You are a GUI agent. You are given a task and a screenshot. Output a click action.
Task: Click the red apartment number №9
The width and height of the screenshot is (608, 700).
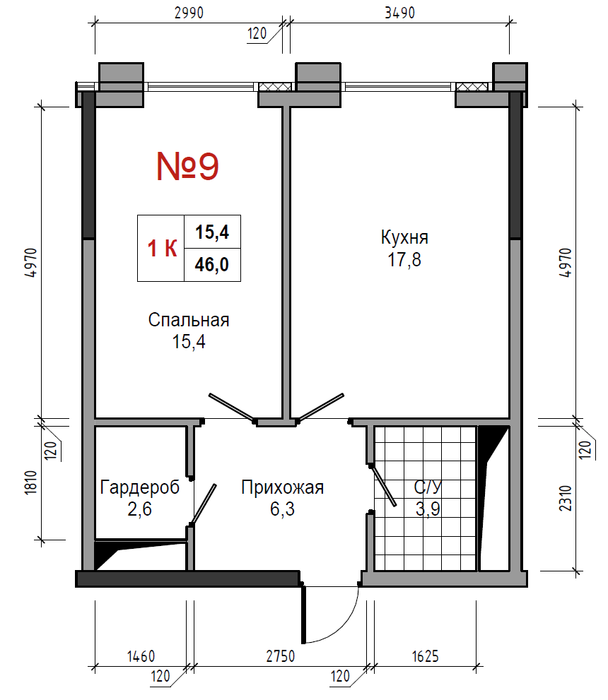point(187,166)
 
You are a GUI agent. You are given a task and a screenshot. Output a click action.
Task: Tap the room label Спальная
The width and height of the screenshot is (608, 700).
point(189,320)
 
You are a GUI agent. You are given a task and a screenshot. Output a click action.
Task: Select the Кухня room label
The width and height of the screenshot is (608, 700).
point(404,237)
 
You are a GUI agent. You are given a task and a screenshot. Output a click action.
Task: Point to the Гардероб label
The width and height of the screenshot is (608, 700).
point(139,487)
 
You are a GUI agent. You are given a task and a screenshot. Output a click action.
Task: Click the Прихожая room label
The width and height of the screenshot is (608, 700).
point(282,487)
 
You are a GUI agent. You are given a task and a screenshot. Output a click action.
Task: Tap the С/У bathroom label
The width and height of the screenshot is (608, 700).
point(428,487)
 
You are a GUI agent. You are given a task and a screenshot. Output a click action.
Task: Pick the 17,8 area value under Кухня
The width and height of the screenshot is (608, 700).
point(404,259)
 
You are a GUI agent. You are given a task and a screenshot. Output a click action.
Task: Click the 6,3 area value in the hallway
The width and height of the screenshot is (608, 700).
point(282,509)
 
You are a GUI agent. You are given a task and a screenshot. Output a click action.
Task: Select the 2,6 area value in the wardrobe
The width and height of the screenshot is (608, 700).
point(139,509)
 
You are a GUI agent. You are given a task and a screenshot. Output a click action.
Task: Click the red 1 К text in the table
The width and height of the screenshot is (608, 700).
point(162,249)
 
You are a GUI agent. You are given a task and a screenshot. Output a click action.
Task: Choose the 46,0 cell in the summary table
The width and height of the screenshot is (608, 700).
point(212,265)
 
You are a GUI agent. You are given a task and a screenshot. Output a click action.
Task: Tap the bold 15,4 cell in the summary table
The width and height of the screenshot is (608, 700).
point(212,232)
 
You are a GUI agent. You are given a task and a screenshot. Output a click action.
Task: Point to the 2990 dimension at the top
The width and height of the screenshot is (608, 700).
point(189,13)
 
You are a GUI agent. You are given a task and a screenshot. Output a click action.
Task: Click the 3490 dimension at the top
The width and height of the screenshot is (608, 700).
point(400,13)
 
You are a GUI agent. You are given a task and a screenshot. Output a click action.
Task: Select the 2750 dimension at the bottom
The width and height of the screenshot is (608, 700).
point(281,656)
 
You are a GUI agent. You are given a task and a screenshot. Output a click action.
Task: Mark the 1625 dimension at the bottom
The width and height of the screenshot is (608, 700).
point(426,656)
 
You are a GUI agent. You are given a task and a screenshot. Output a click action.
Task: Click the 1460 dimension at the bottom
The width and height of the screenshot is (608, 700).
point(141,656)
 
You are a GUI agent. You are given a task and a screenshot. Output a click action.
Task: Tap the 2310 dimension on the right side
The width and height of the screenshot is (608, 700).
point(566,498)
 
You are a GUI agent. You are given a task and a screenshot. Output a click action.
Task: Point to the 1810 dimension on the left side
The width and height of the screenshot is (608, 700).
point(30,482)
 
